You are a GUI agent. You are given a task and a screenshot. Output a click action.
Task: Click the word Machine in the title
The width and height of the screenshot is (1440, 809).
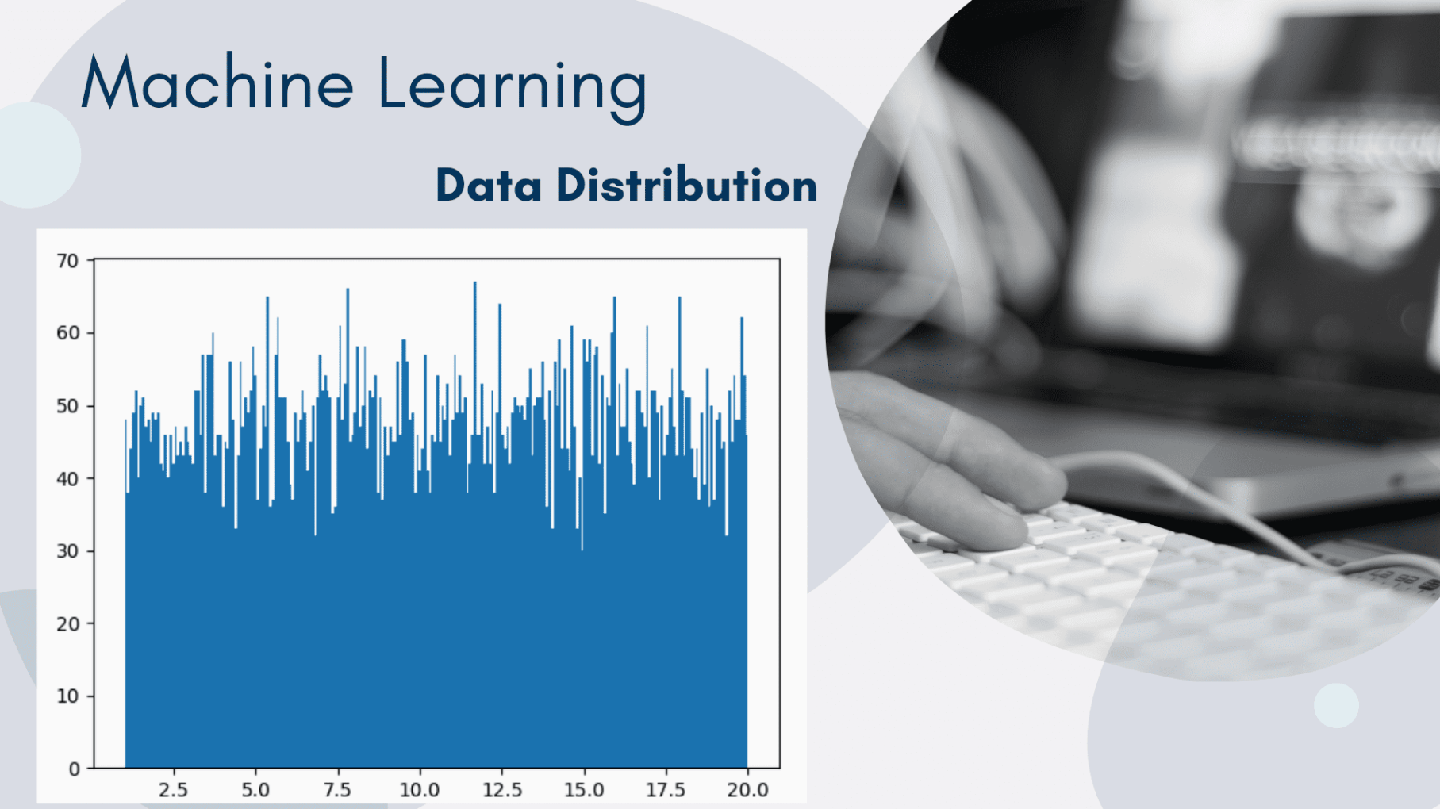(217, 83)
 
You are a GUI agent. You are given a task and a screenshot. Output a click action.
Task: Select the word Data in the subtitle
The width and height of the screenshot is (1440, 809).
(489, 186)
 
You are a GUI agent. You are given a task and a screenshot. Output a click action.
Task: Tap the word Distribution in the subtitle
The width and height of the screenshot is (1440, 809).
(686, 186)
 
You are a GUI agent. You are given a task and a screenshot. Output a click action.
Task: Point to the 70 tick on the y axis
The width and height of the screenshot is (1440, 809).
(68, 261)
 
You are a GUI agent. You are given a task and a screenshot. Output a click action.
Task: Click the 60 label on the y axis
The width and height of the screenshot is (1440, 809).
(68, 333)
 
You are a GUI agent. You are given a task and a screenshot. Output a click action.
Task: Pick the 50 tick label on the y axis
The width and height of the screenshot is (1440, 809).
(68, 406)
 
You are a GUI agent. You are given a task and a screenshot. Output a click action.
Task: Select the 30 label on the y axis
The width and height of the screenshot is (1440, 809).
(68, 551)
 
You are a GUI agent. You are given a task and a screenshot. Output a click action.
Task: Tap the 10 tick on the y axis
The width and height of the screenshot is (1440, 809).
(68, 696)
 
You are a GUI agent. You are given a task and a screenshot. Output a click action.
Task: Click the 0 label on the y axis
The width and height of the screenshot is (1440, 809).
(74, 769)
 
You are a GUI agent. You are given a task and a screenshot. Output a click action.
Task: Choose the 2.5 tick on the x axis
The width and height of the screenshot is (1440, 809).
(173, 790)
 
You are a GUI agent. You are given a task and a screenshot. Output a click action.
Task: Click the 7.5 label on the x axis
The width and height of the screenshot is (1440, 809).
(337, 790)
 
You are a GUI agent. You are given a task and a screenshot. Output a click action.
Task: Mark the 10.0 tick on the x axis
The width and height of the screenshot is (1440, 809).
(419, 790)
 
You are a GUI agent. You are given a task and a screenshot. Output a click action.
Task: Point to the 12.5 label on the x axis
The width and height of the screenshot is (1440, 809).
(501, 790)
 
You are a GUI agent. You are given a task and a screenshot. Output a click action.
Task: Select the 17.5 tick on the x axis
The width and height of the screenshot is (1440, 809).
(666, 790)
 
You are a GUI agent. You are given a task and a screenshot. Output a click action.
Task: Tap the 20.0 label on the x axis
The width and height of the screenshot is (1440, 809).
(747, 790)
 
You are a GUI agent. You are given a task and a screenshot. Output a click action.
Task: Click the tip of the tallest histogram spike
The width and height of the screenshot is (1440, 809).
(474, 283)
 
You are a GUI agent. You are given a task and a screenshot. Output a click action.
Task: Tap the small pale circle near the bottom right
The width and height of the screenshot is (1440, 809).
(1336, 705)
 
